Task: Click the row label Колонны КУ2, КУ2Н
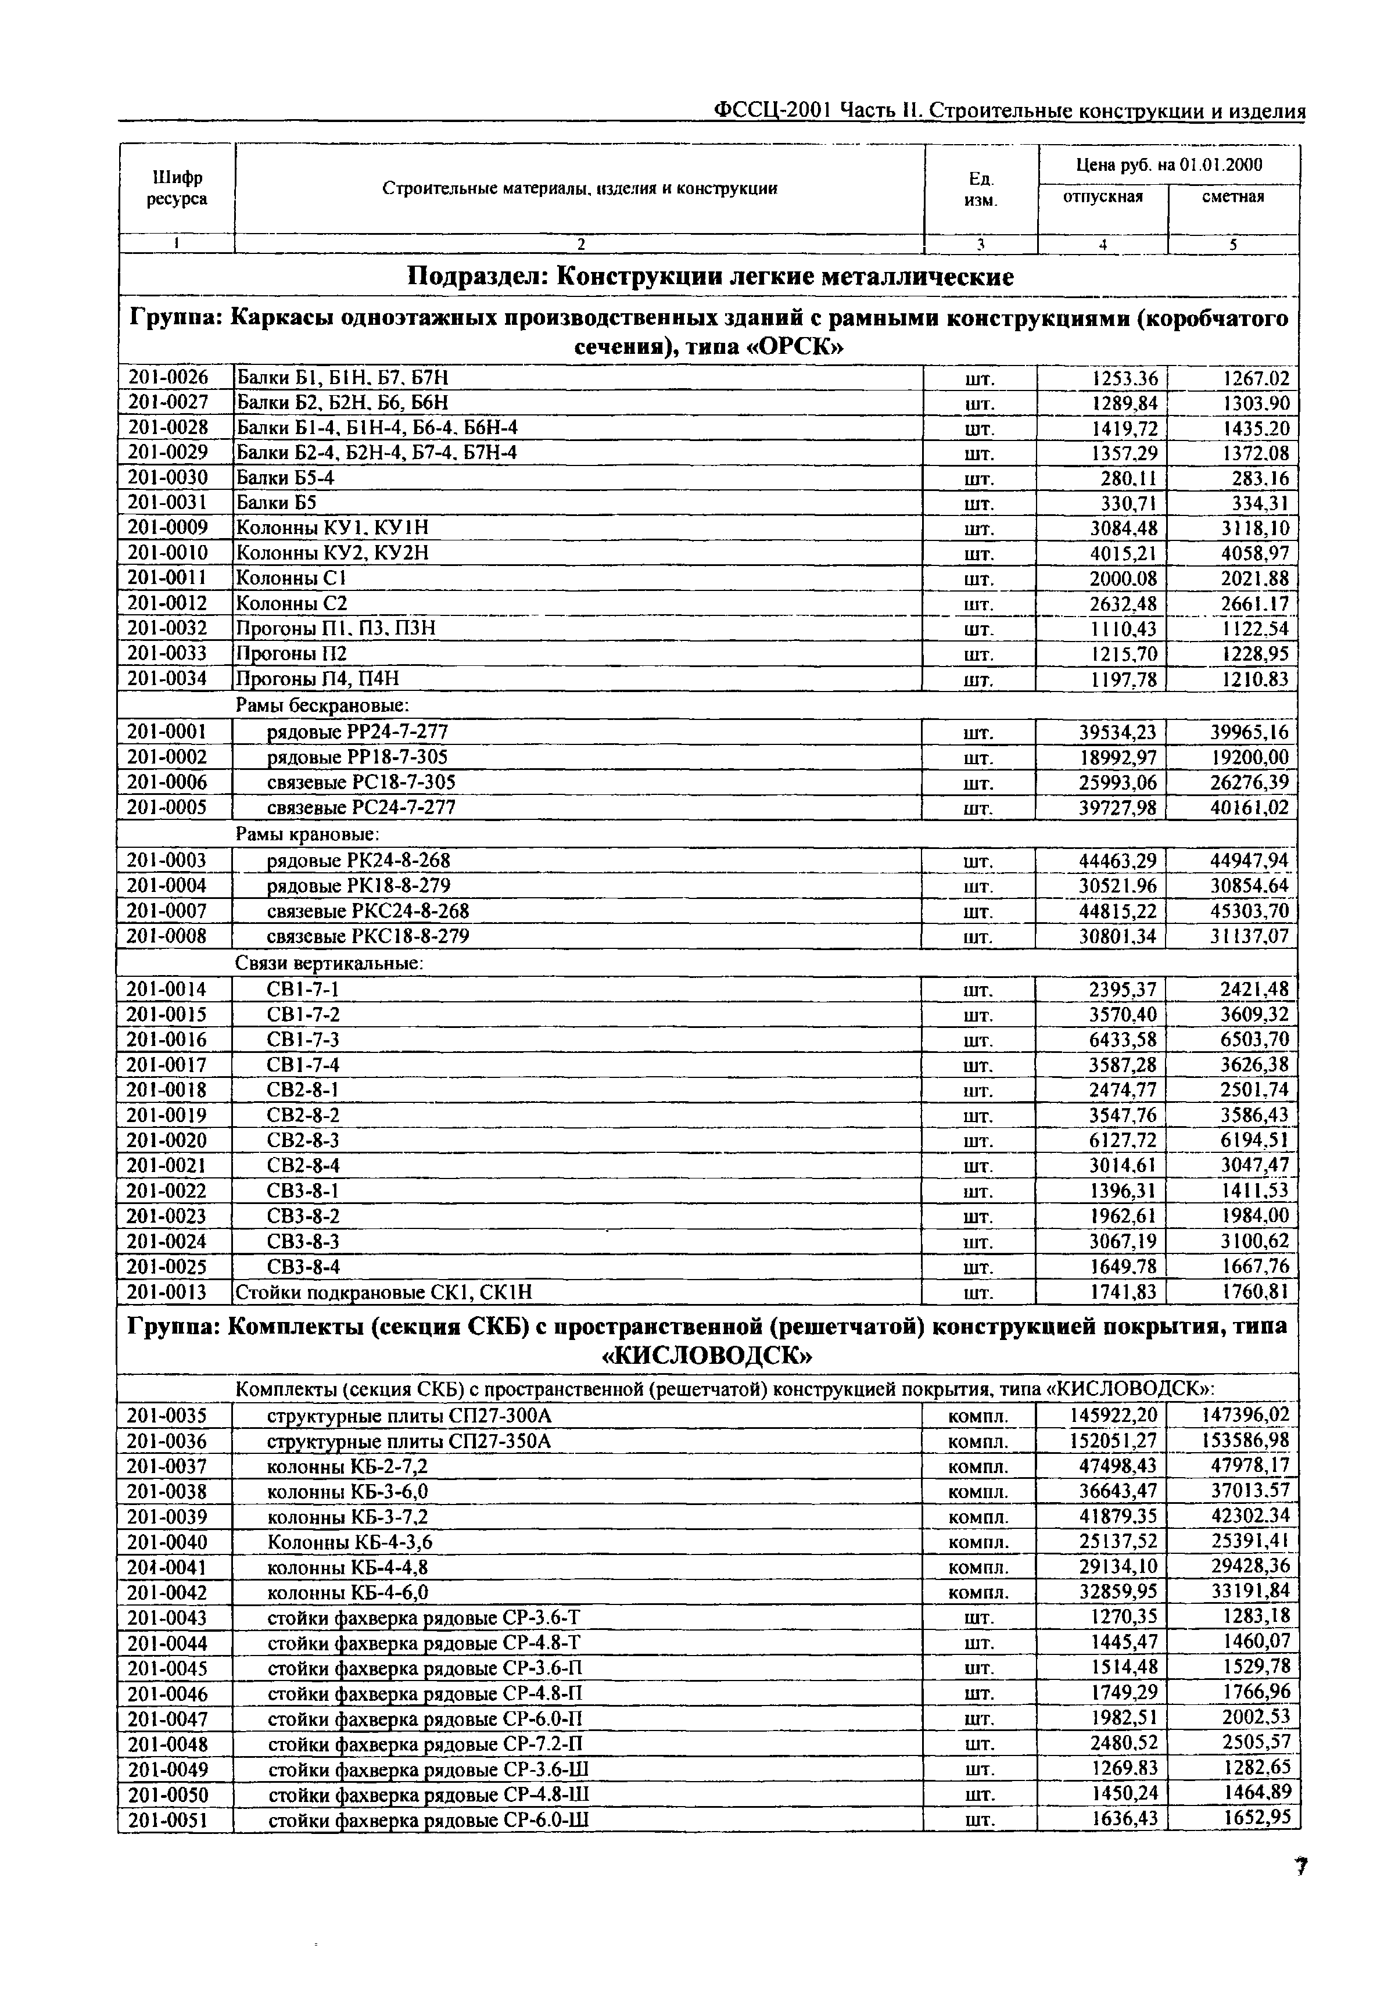333,553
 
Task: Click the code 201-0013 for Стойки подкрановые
167,1292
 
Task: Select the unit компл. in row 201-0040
978,1542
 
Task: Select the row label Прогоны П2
291,653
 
